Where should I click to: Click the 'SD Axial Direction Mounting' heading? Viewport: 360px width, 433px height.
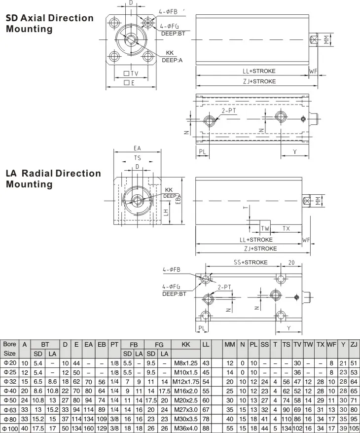click(50, 24)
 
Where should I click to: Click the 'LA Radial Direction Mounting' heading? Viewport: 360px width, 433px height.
click(53, 179)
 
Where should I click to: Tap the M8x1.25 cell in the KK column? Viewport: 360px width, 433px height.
click(186, 363)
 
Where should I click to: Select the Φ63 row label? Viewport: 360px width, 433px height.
click(10, 409)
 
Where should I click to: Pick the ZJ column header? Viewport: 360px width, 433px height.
click(354, 344)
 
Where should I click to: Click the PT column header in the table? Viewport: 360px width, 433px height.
click(114, 344)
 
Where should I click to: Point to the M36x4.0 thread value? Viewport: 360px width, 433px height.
click(186, 428)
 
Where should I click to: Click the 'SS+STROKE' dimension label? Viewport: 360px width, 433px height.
click(251, 262)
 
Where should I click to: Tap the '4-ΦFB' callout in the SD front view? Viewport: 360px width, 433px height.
click(168, 12)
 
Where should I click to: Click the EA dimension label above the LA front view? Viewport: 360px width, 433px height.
click(137, 148)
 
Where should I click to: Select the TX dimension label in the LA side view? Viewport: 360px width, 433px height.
click(287, 228)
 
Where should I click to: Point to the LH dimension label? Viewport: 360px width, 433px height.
click(166, 213)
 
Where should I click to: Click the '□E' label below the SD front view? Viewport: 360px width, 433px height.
click(129, 82)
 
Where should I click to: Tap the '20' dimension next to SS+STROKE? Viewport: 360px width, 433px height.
click(291, 262)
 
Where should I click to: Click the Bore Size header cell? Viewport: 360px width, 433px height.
click(9, 349)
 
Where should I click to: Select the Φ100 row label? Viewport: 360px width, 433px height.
click(10, 429)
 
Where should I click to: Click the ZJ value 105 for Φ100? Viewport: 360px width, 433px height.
click(354, 428)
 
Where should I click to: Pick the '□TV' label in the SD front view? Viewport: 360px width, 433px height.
click(131, 73)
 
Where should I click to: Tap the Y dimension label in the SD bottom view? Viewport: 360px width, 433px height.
click(295, 152)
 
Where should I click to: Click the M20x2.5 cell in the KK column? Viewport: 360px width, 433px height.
click(186, 400)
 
